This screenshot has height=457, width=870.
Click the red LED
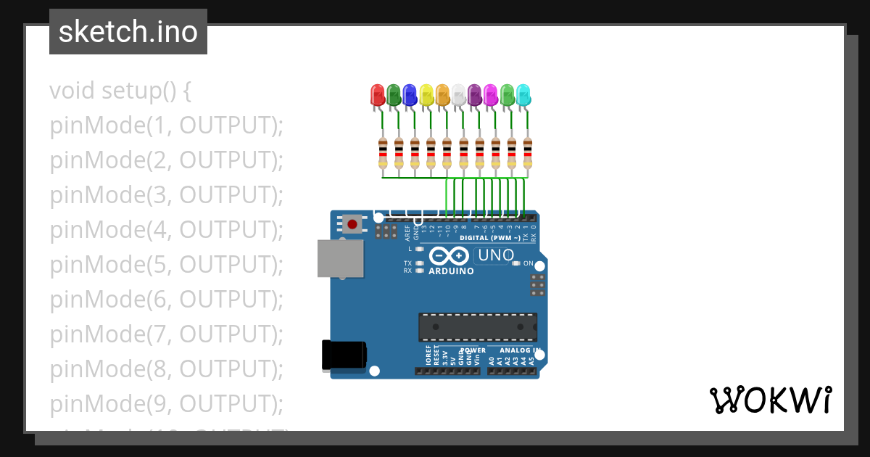[x=378, y=94]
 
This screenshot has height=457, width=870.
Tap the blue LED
[x=410, y=94]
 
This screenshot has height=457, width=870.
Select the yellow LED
[x=426, y=94]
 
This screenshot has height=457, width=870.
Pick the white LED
[x=459, y=94]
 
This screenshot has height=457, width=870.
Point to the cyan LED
[x=523, y=94]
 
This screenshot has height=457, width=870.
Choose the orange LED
[x=442, y=94]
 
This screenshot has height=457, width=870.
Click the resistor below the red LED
[x=383, y=152]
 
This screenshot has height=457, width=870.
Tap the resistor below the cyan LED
[x=528, y=152]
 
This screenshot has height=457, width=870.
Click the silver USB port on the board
[x=341, y=258]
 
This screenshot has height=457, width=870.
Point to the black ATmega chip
[x=478, y=327]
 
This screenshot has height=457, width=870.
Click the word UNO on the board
[x=496, y=255]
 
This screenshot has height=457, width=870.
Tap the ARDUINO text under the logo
[x=451, y=271]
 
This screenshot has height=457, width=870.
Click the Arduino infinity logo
[x=449, y=256]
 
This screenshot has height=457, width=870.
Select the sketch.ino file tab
[x=128, y=32]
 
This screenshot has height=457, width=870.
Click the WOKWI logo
[x=770, y=400]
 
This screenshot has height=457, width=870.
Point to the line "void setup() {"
[x=120, y=91]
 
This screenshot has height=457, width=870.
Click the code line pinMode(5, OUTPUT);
[x=166, y=265]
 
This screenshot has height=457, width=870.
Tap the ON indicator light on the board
[x=516, y=263]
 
